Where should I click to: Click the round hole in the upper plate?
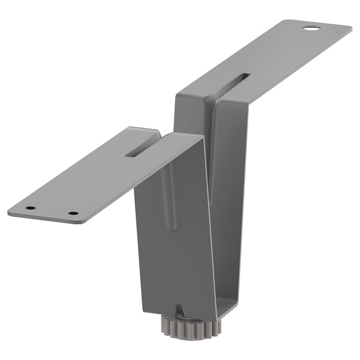(311, 28)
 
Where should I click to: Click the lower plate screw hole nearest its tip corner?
(30, 208)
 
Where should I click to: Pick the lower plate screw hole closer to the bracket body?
(73, 213)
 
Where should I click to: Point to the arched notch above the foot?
(179, 308)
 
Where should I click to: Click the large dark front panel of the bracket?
(174, 252)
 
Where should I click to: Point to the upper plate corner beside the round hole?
(348, 27)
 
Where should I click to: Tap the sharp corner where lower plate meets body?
(203, 137)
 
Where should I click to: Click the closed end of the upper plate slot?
(247, 76)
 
